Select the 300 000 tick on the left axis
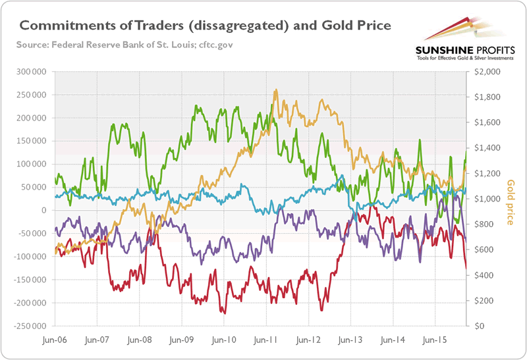click(x=32, y=71)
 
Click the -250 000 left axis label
click(x=30, y=326)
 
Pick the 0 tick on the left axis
click(x=44, y=210)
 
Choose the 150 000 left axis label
click(x=32, y=141)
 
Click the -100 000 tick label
click(x=30, y=257)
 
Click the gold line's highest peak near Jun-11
click(x=276, y=90)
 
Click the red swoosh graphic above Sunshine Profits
click(x=455, y=30)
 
